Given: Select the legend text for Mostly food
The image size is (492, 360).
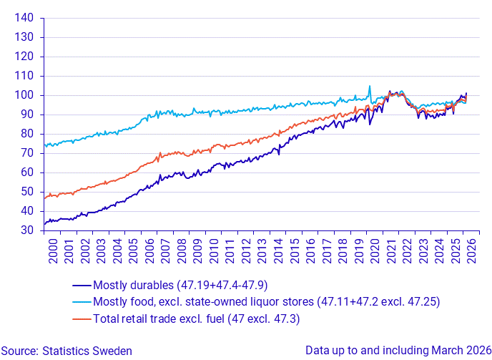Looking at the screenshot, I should pos(265,302).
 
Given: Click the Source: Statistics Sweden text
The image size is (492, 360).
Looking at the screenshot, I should pos(67,351).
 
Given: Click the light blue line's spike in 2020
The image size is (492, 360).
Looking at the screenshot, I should pos(370,86).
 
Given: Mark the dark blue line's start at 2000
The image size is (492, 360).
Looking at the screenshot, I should pos(45,223).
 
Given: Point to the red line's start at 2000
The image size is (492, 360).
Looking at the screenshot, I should pos(45,198).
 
